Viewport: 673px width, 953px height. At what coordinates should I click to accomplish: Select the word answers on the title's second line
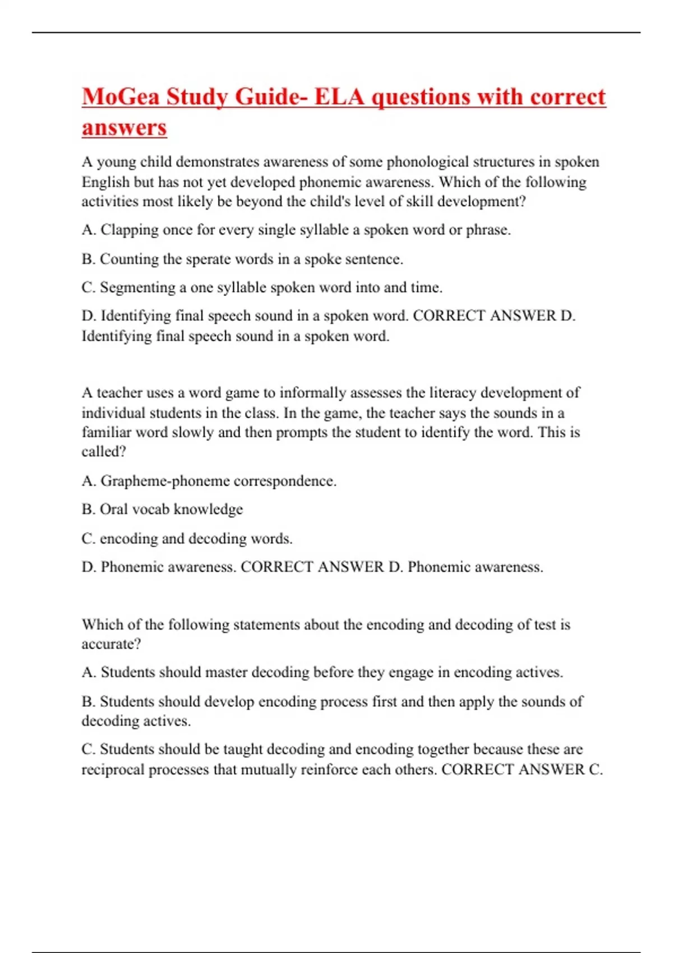click(x=124, y=127)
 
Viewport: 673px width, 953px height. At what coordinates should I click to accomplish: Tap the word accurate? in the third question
click(x=111, y=644)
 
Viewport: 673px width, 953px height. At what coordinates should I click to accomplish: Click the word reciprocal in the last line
click(x=114, y=769)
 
